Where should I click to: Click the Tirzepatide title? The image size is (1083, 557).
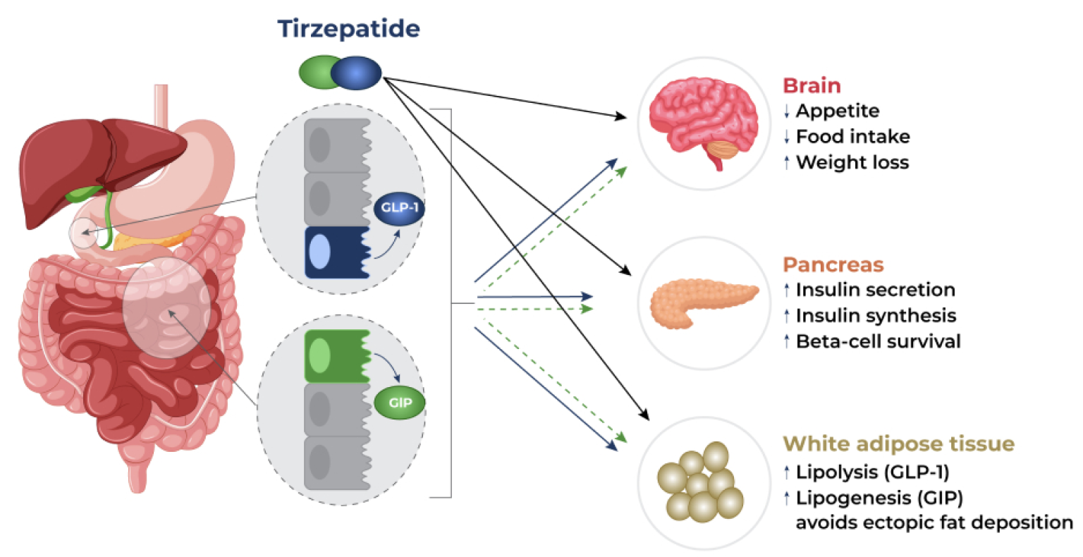[x=348, y=29]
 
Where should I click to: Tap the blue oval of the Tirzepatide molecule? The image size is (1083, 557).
[x=356, y=73]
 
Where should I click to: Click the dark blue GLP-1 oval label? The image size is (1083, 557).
[x=399, y=208]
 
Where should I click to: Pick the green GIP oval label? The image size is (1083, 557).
[x=400, y=403]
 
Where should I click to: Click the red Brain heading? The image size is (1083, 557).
[x=812, y=85]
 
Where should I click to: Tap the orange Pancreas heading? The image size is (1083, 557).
[x=833, y=265]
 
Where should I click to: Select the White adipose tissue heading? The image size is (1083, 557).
[x=899, y=444]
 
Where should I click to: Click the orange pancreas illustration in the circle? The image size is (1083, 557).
[x=704, y=302]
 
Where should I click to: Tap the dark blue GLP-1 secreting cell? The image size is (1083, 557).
[x=338, y=252]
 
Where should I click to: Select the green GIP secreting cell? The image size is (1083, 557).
[x=338, y=356]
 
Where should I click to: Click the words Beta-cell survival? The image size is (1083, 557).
[x=878, y=341]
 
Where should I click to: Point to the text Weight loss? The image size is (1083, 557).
[x=852, y=162]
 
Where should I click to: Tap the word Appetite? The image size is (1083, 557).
[x=838, y=111]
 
